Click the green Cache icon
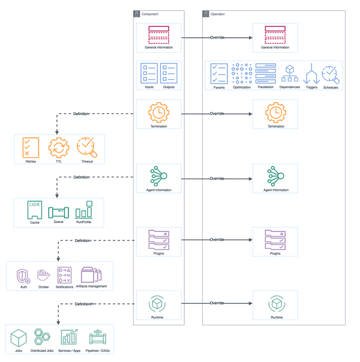[34, 210]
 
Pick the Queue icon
[59, 212]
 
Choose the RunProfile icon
[83, 210]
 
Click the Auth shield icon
[23, 276]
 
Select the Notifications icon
[64, 275]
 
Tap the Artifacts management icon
[91, 275]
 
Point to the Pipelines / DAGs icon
[97, 338]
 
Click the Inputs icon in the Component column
[149, 73]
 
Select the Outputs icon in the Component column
[169, 73]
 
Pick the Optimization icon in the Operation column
[241, 74]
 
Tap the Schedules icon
[330, 74]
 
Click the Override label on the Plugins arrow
[217, 240]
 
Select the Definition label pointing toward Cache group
[81, 177]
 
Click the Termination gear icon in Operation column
[275, 113]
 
